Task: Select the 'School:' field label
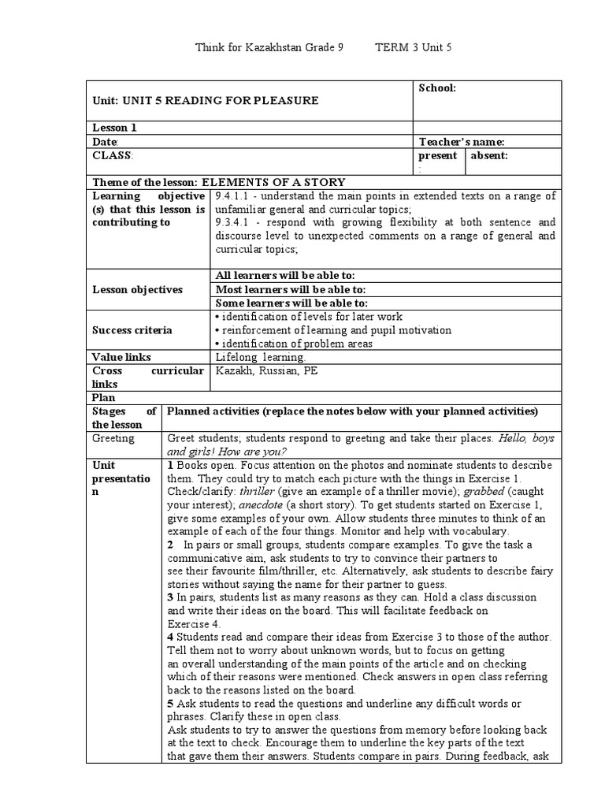[x=437, y=88]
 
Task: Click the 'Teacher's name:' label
[x=462, y=142]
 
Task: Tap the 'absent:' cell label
[x=489, y=155]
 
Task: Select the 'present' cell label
[x=437, y=155]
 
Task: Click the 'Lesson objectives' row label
[x=138, y=289]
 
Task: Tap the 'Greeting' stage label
[x=113, y=438]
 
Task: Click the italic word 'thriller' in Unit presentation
[x=254, y=491]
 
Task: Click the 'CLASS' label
[x=112, y=155]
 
